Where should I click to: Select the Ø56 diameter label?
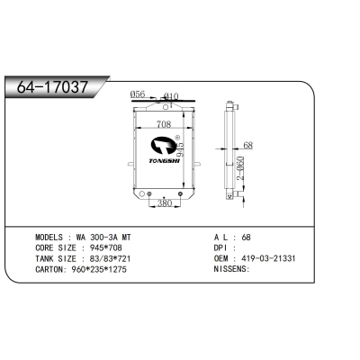(x=138, y=93)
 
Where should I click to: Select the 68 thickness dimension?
(x=248, y=144)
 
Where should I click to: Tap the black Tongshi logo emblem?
(x=165, y=145)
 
